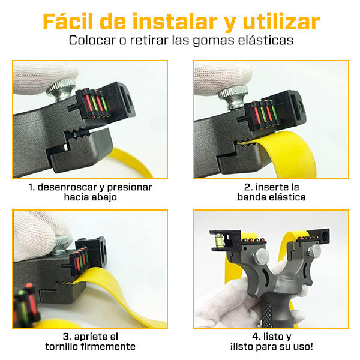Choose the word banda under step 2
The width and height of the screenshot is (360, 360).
coord(252,197)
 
